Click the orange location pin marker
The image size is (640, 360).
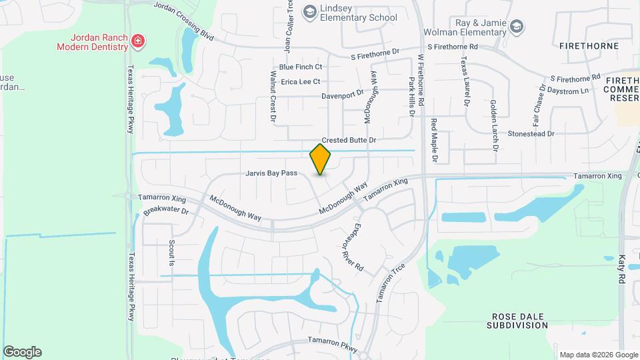(321, 159)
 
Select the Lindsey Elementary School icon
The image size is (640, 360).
(309, 11)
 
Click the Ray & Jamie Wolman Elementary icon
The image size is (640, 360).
(517, 27)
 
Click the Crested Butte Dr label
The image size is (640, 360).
(349, 141)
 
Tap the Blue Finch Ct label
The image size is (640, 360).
(301, 67)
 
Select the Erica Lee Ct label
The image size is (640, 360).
(301, 82)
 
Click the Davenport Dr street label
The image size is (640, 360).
(342, 95)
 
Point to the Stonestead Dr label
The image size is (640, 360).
(531, 134)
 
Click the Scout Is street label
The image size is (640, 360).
(171, 253)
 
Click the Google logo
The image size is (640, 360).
(22, 352)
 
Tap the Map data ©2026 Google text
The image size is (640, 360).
(598, 355)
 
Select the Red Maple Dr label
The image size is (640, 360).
(434, 140)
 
